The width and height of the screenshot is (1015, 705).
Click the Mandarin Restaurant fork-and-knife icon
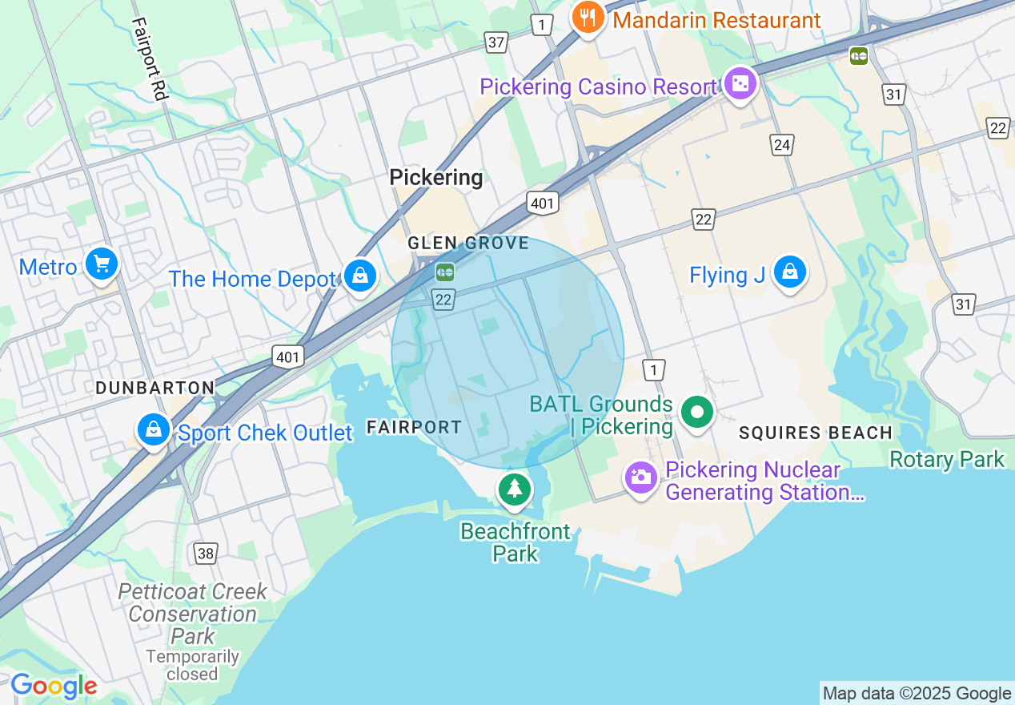click(x=588, y=18)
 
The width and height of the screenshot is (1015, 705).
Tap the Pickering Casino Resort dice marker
click(x=740, y=83)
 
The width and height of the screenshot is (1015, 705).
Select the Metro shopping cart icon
click(x=101, y=264)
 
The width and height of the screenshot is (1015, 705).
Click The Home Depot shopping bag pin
click(x=360, y=276)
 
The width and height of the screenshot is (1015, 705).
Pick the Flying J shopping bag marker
click(x=790, y=272)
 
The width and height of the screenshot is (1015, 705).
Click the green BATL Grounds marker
click(x=696, y=413)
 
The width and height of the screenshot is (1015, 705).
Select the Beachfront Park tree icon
click(x=514, y=488)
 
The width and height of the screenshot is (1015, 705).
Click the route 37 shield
click(x=496, y=42)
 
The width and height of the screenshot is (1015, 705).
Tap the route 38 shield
click(x=205, y=553)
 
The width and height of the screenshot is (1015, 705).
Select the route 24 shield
click(x=782, y=144)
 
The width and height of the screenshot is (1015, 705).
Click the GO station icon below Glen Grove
click(x=445, y=272)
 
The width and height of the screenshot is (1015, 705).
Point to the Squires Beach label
click(x=815, y=433)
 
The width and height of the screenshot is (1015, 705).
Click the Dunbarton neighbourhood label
click(x=154, y=388)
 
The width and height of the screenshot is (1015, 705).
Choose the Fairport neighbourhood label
click(x=414, y=428)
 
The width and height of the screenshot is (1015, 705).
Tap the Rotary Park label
click(x=946, y=460)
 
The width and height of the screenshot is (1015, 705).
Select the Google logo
click(x=54, y=687)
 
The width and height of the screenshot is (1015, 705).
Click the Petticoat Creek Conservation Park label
click(x=192, y=614)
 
